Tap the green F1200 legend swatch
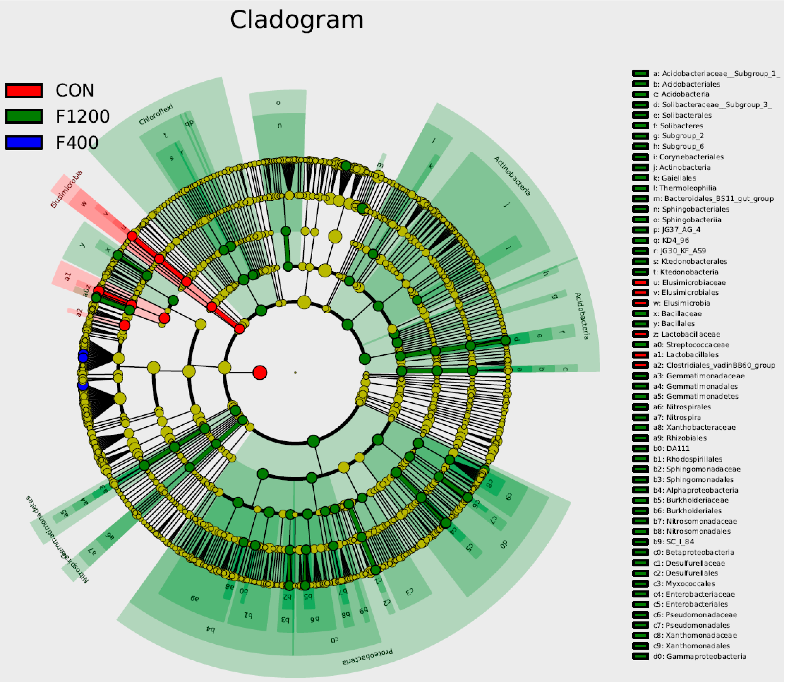point(24,117)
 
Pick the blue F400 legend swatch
point(24,142)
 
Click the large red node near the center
point(260,372)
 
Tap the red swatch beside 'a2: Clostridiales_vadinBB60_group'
point(640,365)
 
